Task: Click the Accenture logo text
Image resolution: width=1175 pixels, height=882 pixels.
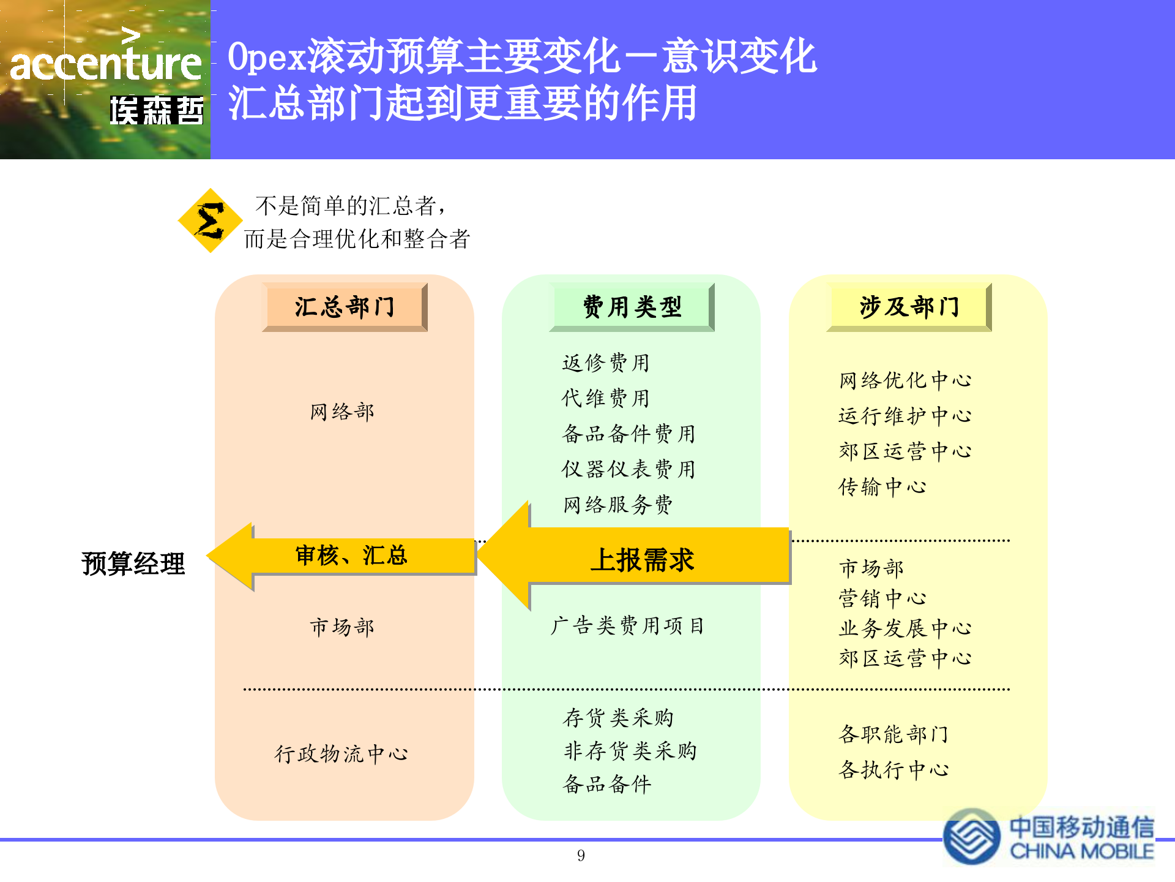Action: [105, 64]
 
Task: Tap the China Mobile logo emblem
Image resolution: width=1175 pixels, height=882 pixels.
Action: [971, 836]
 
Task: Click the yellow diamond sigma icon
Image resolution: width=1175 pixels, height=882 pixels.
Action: [210, 221]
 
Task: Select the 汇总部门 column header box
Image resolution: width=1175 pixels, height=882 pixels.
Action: [345, 307]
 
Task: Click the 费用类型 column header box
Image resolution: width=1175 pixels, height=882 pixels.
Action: [632, 307]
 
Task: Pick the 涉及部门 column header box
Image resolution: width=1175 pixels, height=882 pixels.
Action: [909, 307]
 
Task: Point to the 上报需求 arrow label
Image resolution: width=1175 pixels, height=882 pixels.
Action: [642, 560]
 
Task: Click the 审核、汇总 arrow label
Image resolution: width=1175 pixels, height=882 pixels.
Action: [351, 556]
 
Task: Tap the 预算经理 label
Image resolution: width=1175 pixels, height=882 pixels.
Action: [133, 563]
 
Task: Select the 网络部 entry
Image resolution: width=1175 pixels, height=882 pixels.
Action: [342, 412]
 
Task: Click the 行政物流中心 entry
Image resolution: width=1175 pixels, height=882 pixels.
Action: [341, 754]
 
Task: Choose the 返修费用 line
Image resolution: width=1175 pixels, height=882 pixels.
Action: [606, 363]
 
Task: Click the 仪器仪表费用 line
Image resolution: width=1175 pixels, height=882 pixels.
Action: [629, 469]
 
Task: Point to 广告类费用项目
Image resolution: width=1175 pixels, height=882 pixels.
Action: [627, 626]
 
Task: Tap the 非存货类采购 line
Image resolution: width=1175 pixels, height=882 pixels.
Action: [630, 751]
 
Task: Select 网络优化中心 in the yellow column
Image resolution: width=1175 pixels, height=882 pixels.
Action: [905, 380]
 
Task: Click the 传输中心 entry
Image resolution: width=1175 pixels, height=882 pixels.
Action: [882, 488]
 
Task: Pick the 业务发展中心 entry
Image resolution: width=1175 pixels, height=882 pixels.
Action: [905, 628]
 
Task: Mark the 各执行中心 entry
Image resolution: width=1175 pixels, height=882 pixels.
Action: [893, 770]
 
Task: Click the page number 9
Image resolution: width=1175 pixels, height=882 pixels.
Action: [581, 856]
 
